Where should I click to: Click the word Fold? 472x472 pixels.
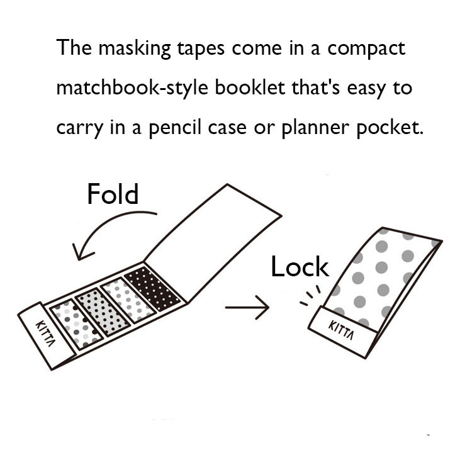coord(112,194)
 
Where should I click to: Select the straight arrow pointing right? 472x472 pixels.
coord(247,308)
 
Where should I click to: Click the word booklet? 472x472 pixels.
coord(248,87)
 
